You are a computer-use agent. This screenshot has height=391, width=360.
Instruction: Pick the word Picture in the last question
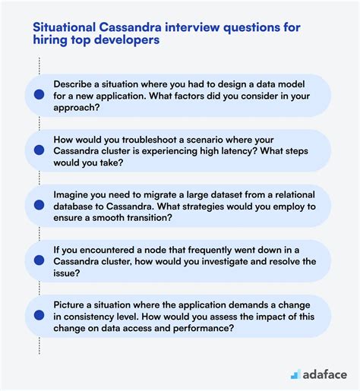[x=72, y=305]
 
